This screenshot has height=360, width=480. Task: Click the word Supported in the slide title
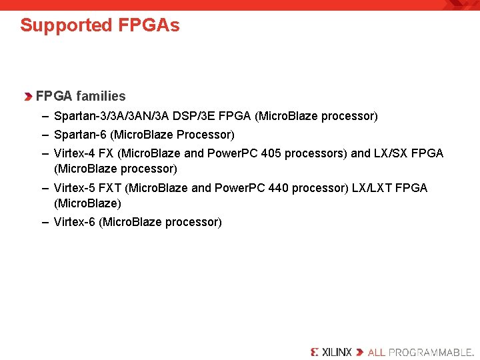pyautogui.click(x=66, y=26)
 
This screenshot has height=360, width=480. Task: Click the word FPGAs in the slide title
pyautogui.click(x=149, y=25)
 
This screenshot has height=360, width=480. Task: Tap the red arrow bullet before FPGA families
pyautogui.click(x=28, y=97)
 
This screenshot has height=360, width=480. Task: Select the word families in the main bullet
pyautogui.click(x=101, y=96)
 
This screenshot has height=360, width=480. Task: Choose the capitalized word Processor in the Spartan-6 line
pyautogui.click(x=203, y=135)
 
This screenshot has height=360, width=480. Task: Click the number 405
pyautogui.click(x=271, y=153)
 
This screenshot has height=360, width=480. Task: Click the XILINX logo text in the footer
pyautogui.click(x=336, y=352)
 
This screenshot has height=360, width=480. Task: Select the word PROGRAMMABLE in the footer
pyautogui.click(x=431, y=352)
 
